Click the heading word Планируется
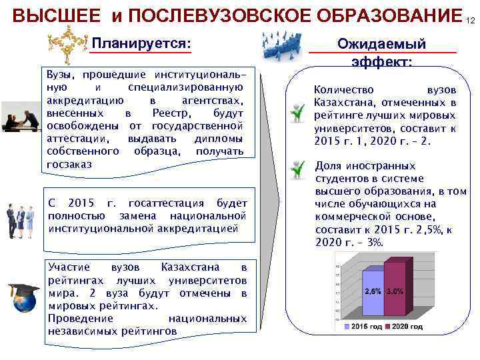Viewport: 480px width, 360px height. [141, 44]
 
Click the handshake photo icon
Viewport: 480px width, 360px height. [21, 119]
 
